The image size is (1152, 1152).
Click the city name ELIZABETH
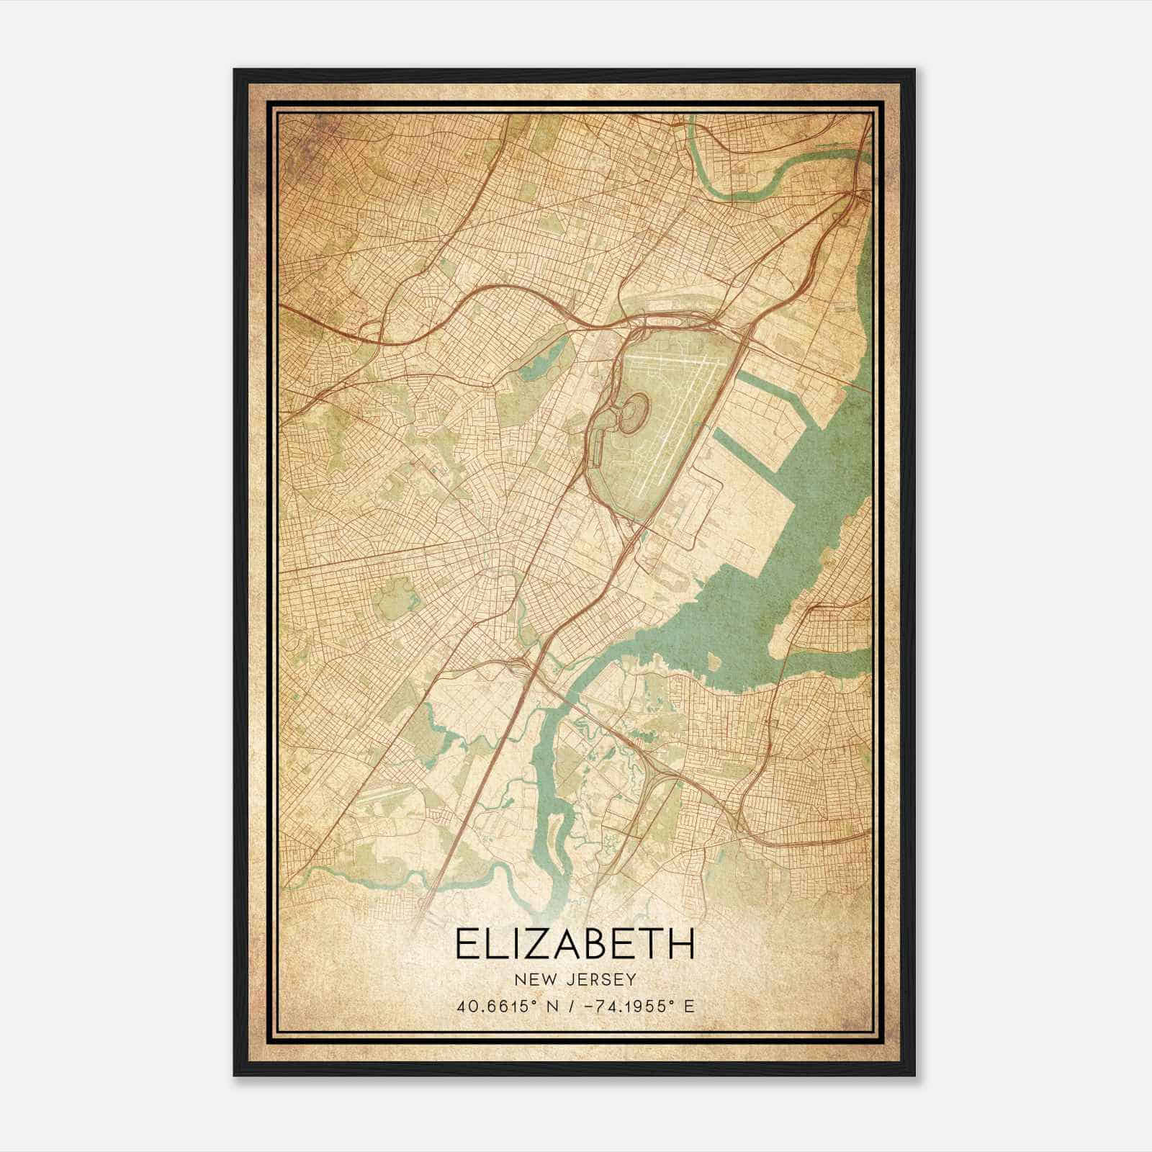[575, 943]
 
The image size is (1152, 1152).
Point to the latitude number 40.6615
[489, 1006]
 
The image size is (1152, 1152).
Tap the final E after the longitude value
[690, 1006]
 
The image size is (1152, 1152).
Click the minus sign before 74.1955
[590, 1006]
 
